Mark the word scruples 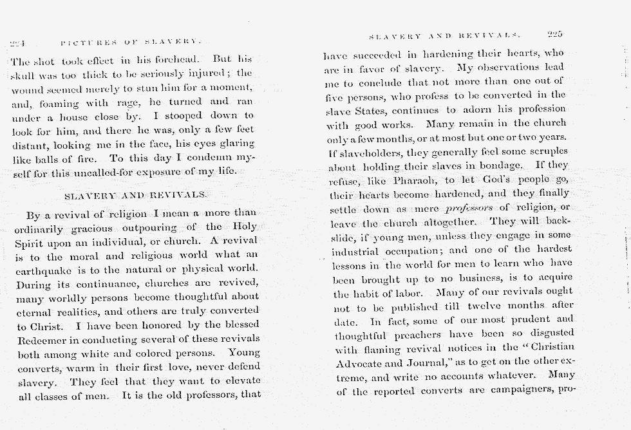[x=542, y=153]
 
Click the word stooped [x=202, y=116]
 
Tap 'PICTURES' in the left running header [x=84, y=44]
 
